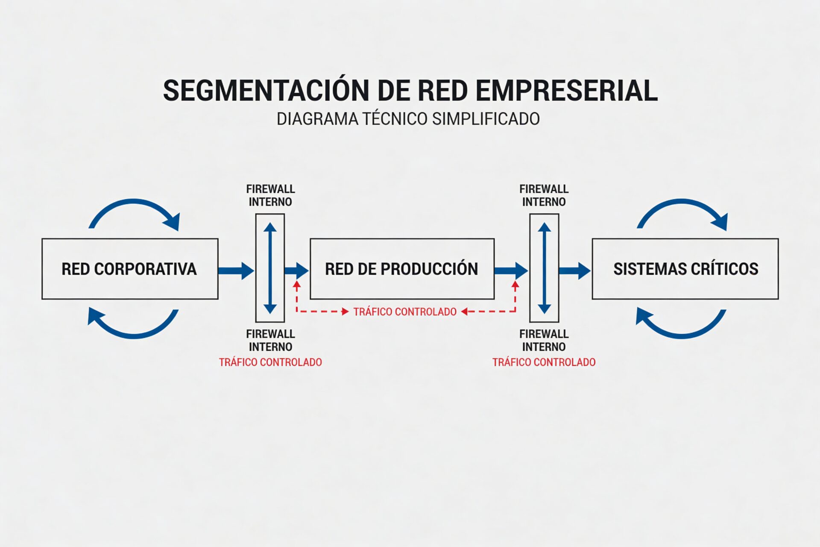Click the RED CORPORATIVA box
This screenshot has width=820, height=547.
130,269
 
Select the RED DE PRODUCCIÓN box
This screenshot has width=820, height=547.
402,269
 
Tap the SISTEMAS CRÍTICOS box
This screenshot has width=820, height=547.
685,269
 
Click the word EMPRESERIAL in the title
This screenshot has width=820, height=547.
566,91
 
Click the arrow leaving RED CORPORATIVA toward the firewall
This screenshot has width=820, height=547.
235,271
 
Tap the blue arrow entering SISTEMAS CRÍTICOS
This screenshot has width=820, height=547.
574,271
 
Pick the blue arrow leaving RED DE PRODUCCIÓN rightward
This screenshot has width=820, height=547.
511,271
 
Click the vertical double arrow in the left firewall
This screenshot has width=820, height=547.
270,268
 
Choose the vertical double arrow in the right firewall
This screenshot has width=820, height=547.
544,268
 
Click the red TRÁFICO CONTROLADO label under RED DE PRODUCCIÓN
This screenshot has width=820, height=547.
405,312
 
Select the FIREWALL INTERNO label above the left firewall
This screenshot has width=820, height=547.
270,195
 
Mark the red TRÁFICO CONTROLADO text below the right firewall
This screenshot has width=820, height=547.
544,362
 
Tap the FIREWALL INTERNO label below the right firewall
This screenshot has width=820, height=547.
544,340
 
